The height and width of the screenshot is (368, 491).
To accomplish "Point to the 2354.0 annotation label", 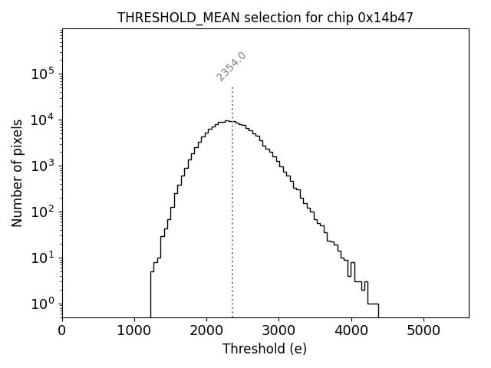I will (231, 67).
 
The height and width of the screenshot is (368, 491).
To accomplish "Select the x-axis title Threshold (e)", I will (265, 349).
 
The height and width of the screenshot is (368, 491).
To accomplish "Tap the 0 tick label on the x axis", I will (62, 331).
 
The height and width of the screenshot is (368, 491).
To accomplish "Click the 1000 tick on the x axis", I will (134, 331).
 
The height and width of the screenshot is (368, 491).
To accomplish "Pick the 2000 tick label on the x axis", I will (206, 331).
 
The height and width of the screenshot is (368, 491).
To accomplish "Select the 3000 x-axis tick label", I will (278, 331).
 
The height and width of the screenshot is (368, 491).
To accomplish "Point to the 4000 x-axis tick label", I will (351, 331).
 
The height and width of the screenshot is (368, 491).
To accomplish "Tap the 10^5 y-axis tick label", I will (43, 74).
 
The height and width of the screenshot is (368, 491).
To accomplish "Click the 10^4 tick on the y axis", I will (43, 120).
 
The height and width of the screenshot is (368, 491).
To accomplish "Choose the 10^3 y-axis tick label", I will (43, 166).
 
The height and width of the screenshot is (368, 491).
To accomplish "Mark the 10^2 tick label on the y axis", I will (43, 212).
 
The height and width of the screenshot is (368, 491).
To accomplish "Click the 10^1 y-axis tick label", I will (43, 258).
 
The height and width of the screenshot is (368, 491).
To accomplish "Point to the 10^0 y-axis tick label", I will (43, 304).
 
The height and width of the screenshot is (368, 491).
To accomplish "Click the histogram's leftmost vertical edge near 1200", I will (150, 295).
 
